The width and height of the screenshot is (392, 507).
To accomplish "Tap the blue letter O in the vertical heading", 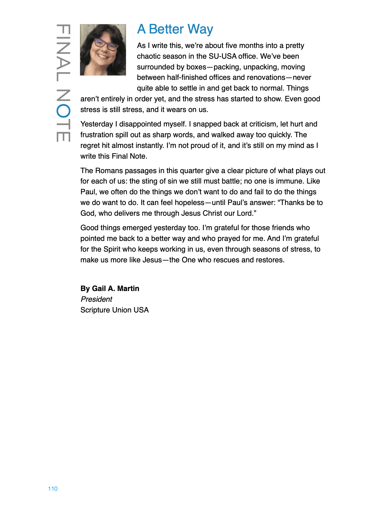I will click(x=63, y=111).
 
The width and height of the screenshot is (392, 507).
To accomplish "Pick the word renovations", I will click(x=266, y=77).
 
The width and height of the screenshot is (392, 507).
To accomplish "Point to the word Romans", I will click(x=108, y=171).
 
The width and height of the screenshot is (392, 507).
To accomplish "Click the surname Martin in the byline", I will click(x=128, y=289).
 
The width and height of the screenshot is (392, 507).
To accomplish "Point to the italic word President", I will click(x=96, y=299).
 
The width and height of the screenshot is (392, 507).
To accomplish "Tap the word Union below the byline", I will click(x=122, y=310).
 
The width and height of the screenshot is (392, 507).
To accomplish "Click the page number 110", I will click(x=53, y=489).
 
